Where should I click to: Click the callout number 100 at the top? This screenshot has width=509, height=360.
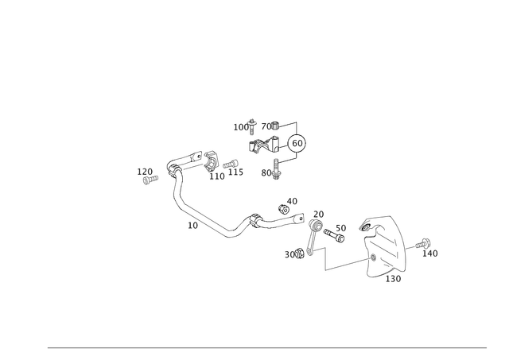(239, 126)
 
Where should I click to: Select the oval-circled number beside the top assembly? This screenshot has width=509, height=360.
(298, 143)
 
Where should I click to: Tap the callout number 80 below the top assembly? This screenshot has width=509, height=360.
(268, 171)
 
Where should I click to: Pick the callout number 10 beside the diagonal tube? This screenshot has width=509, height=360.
(191, 226)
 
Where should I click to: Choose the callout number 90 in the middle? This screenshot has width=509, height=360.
(292, 199)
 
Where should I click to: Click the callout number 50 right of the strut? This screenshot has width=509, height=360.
(342, 229)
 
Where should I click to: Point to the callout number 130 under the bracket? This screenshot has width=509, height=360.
(394, 278)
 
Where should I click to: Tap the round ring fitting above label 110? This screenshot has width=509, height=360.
(212, 161)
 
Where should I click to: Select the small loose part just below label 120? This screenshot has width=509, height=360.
(146, 180)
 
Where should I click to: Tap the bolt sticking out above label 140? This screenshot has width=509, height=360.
(425, 241)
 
